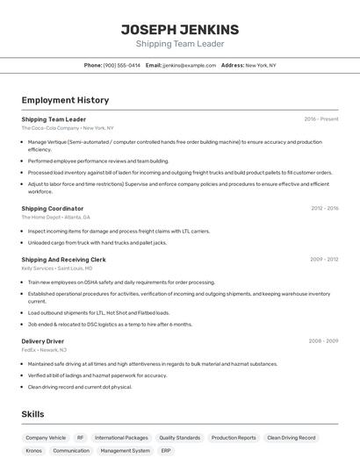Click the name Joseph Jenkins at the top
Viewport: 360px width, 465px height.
[x=179, y=30]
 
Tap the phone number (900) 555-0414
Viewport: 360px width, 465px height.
[x=122, y=65]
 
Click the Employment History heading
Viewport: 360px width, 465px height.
[x=65, y=100]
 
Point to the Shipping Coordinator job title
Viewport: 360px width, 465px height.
[x=53, y=209]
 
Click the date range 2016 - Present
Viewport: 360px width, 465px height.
[x=321, y=118]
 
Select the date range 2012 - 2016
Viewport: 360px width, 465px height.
[x=324, y=209]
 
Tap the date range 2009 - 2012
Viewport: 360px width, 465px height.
[x=324, y=260]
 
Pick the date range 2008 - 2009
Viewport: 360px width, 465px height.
[x=323, y=340]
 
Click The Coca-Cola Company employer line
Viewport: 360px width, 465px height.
[x=68, y=128]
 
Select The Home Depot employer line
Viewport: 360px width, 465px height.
[x=55, y=217]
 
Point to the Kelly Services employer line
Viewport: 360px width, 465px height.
[x=56, y=268]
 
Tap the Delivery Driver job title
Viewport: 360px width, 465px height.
[x=43, y=340]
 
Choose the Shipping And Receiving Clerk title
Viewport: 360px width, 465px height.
[x=63, y=260]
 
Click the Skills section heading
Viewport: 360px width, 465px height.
[x=32, y=414]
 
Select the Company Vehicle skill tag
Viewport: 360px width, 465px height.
[x=46, y=437]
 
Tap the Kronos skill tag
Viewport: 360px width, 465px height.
[x=34, y=450]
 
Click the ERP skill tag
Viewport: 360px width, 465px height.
[x=166, y=450]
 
